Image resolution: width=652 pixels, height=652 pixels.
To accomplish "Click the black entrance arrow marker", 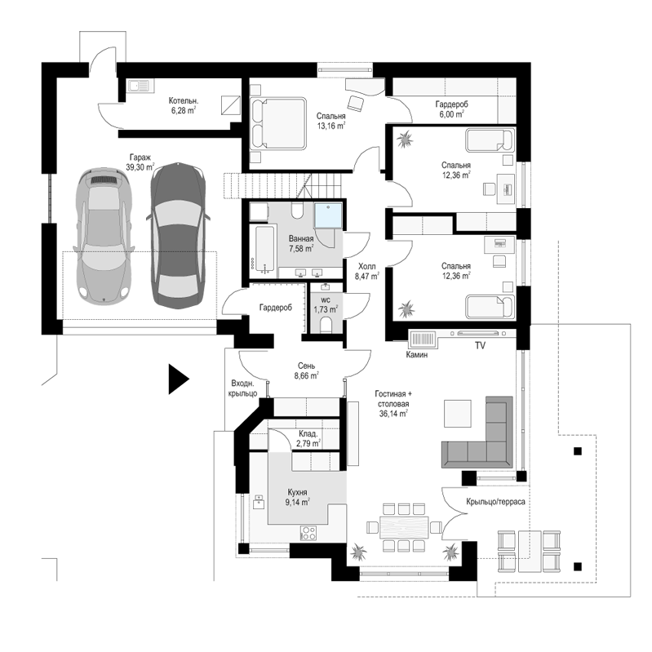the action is [178, 379].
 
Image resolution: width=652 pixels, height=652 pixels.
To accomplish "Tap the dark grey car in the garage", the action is [178, 235].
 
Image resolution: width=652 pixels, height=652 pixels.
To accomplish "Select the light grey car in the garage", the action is [104, 236].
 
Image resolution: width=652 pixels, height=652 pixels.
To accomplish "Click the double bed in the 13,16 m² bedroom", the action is [278, 123].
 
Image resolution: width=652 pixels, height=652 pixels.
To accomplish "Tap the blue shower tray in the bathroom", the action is [328, 215].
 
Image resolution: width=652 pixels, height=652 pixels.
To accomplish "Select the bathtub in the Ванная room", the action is [264, 251].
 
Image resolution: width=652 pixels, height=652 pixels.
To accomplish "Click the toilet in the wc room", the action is [326, 325].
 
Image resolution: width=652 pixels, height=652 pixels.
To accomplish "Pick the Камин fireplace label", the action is [417, 355].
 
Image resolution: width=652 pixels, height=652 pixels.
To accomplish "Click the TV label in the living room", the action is [480, 345].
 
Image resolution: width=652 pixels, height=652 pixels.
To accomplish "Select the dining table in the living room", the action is [404, 527].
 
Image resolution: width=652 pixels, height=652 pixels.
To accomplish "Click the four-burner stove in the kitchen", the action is [308, 533].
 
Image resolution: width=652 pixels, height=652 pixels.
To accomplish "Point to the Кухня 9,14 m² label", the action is [297, 497].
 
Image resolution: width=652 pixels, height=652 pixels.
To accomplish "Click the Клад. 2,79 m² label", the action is [308, 439].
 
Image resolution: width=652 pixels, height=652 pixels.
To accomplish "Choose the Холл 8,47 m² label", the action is [366, 271].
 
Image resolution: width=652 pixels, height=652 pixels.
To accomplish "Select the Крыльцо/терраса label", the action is [495, 502].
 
